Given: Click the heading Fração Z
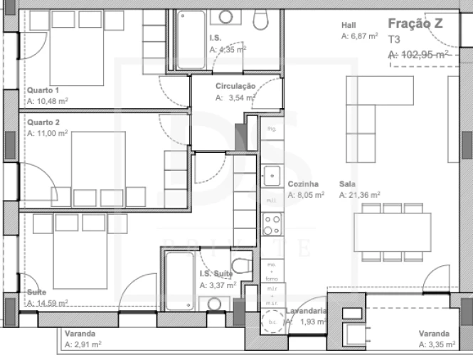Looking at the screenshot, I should [x=415, y=23].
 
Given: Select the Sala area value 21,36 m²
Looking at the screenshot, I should [x=359, y=194].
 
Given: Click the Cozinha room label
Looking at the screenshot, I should [x=302, y=184].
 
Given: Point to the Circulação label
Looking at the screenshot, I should [x=235, y=86].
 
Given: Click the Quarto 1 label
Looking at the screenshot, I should [x=43, y=90].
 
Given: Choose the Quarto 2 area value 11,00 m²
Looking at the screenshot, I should [x=48, y=133].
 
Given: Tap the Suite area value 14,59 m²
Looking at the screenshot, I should [x=47, y=303].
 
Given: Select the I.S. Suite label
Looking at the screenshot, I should [x=216, y=274].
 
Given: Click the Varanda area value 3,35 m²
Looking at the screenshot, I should [x=434, y=345].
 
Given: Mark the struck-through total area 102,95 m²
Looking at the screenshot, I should [x=418, y=54].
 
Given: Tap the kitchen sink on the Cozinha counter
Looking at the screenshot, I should [x=272, y=174].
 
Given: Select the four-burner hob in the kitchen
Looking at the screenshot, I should [x=272, y=225].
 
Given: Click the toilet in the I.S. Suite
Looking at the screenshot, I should [x=241, y=267].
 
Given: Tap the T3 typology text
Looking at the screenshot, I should [x=394, y=40].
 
